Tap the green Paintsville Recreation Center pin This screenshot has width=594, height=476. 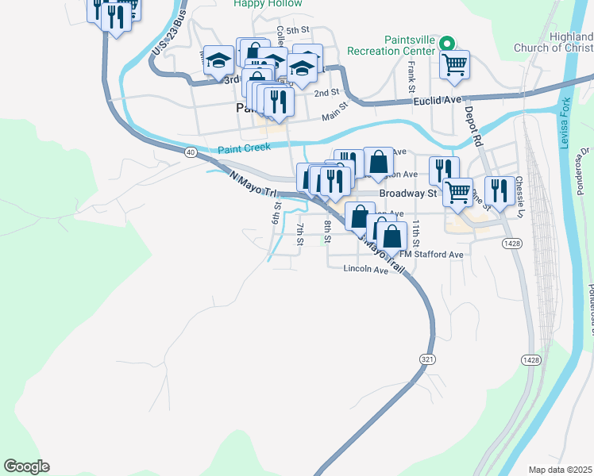446,45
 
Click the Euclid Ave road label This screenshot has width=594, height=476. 436,101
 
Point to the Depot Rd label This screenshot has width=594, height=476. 474,126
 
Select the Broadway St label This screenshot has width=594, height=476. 408,193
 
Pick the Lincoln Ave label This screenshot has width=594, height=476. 365,269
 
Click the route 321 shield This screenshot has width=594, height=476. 428,359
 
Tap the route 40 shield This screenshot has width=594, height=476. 191,151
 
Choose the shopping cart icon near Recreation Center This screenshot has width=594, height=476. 454,65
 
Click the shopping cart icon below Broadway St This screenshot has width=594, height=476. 457,192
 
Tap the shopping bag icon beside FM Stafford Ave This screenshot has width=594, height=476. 391,235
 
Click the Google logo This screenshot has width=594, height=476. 26,466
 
